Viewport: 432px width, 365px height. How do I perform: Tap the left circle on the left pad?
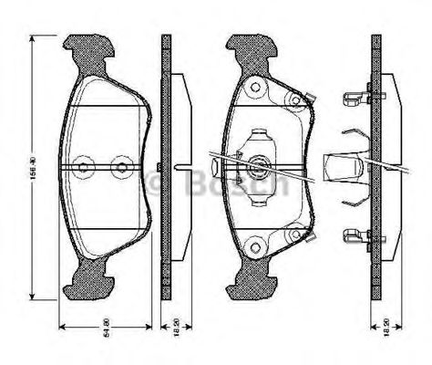[x=85, y=167]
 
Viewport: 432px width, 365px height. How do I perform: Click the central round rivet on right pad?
[x=258, y=167]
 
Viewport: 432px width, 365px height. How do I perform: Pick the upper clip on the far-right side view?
[x=354, y=99]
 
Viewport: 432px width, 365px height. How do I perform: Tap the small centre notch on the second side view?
[x=161, y=167]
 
